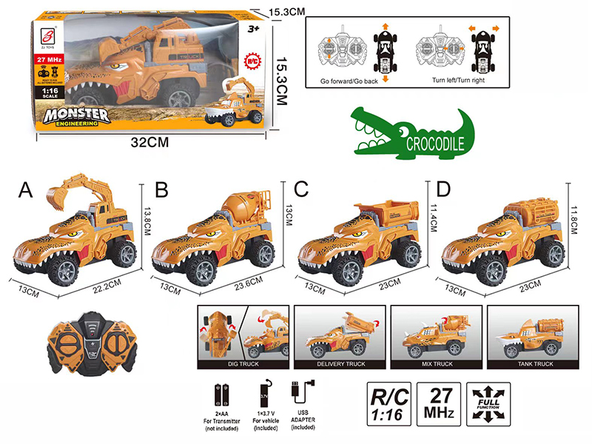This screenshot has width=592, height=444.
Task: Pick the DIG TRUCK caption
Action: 243,365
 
